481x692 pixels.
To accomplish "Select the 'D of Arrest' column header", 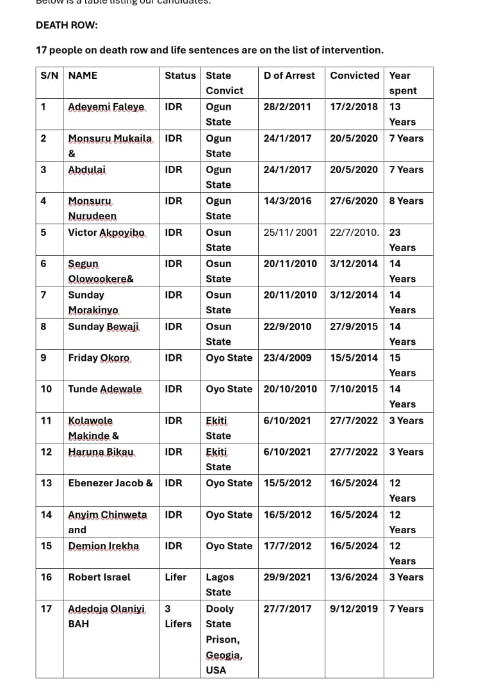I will point(289,76).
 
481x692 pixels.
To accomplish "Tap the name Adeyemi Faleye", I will point(106,107).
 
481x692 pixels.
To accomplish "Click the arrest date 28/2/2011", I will point(287,107).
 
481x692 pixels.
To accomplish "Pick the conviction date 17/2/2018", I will point(354,107).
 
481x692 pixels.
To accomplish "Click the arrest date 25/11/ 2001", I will point(290,233).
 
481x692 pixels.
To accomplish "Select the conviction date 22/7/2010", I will point(355,233).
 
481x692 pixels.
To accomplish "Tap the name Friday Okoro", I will point(99,358).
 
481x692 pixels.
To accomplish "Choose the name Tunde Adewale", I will point(105,389).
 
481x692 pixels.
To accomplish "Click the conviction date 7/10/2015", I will point(354,389).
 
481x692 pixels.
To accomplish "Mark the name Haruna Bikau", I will point(102,452).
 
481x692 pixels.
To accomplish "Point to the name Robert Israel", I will point(99,577).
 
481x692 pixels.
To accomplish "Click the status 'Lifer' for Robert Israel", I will point(175,577).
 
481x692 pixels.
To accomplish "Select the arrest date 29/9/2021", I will point(287,577).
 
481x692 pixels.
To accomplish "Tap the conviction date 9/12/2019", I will point(354,609).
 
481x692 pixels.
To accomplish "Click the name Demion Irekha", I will point(104,546).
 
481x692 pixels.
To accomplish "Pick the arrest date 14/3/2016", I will point(287,201).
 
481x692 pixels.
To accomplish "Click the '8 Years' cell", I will point(406,201).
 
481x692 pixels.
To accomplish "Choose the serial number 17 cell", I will point(46,609).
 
